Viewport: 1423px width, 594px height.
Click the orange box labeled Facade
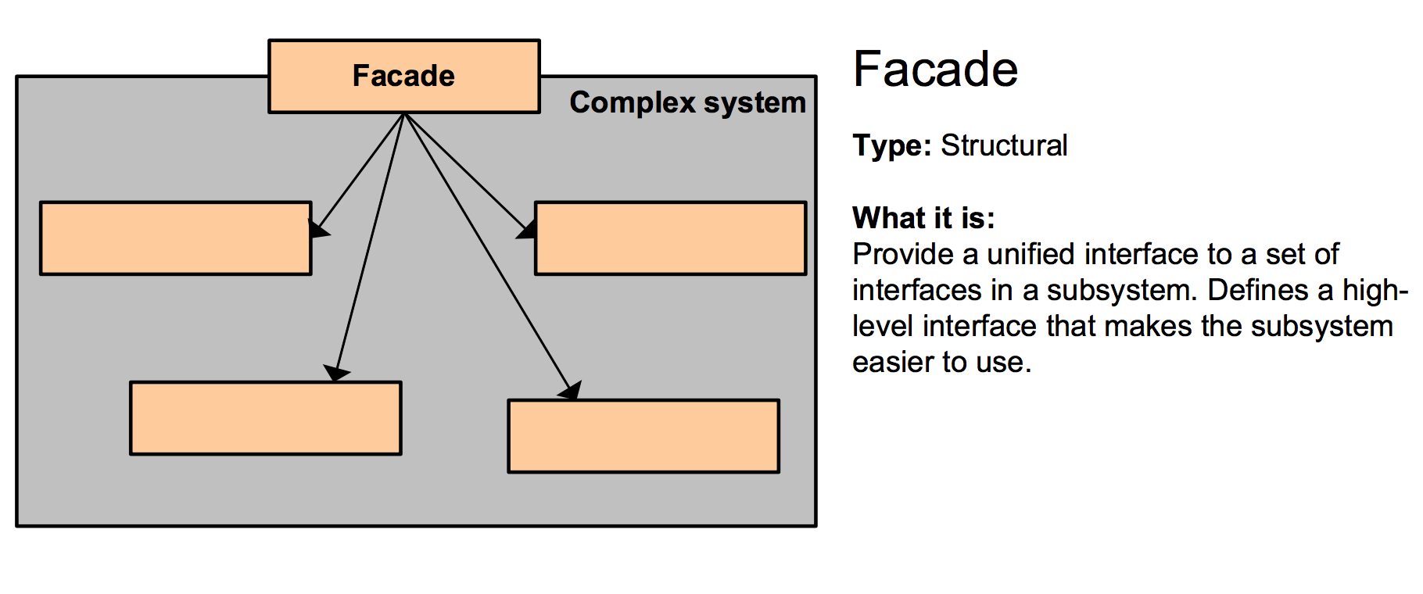click(404, 77)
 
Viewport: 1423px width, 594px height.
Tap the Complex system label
click(687, 103)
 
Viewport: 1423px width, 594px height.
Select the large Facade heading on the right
click(935, 69)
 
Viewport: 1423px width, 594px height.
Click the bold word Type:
click(892, 146)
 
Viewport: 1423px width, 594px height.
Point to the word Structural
click(1004, 145)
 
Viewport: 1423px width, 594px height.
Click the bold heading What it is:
click(923, 218)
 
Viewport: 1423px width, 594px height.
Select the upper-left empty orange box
click(176, 238)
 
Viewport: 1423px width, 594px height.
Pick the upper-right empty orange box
click(671, 238)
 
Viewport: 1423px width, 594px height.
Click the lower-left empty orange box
click(266, 418)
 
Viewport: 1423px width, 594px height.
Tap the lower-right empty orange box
click(643, 436)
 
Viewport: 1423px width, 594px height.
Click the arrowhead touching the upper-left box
click(318, 228)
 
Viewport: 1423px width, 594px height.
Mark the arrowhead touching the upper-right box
click(526, 230)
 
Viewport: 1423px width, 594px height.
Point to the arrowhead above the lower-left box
click(336, 373)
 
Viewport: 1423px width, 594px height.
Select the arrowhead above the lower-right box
click(571, 390)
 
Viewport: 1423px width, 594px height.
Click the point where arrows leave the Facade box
click(404, 114)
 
